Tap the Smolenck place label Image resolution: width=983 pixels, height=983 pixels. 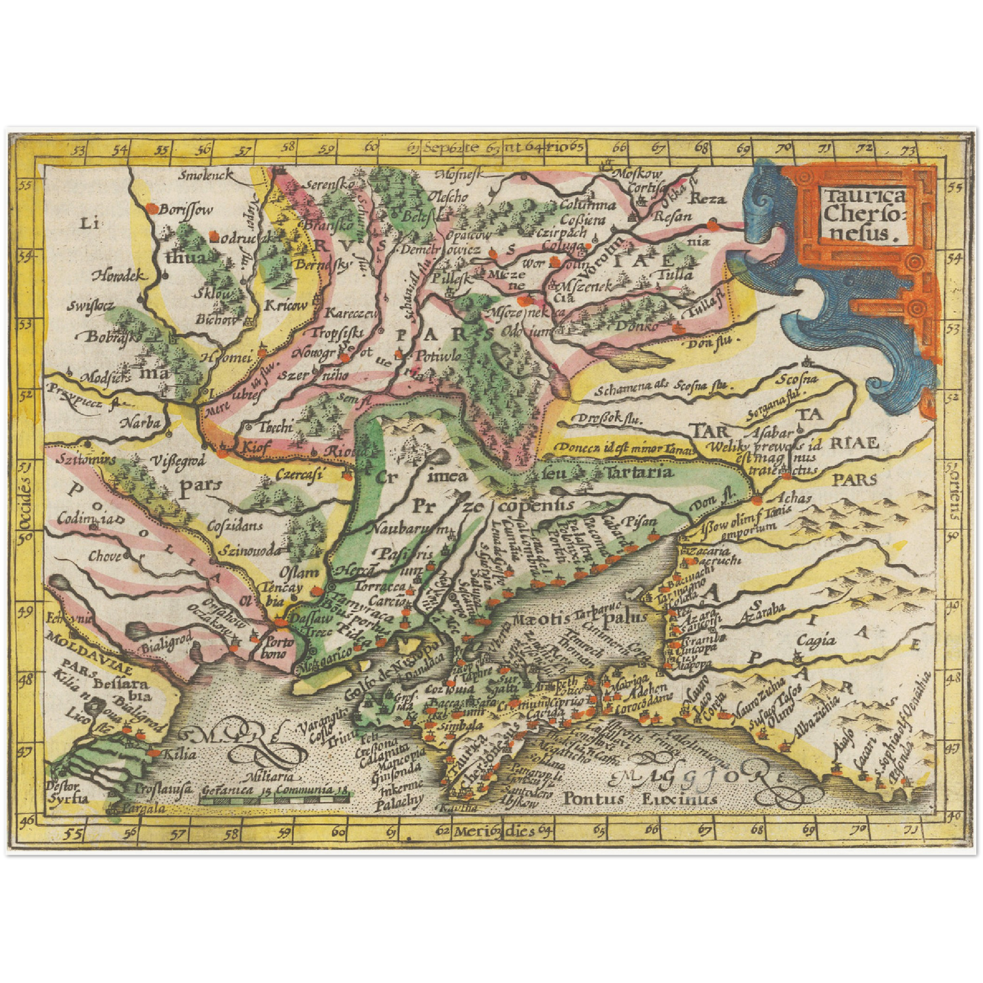(205, 175)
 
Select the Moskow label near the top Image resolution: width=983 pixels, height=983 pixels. (637, 174)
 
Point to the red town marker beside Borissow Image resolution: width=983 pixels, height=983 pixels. (154, 206)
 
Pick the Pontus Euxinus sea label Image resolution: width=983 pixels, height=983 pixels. (639, 798)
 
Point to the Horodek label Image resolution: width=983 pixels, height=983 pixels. (120, 276)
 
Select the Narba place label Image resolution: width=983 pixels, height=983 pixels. (141, 422)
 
